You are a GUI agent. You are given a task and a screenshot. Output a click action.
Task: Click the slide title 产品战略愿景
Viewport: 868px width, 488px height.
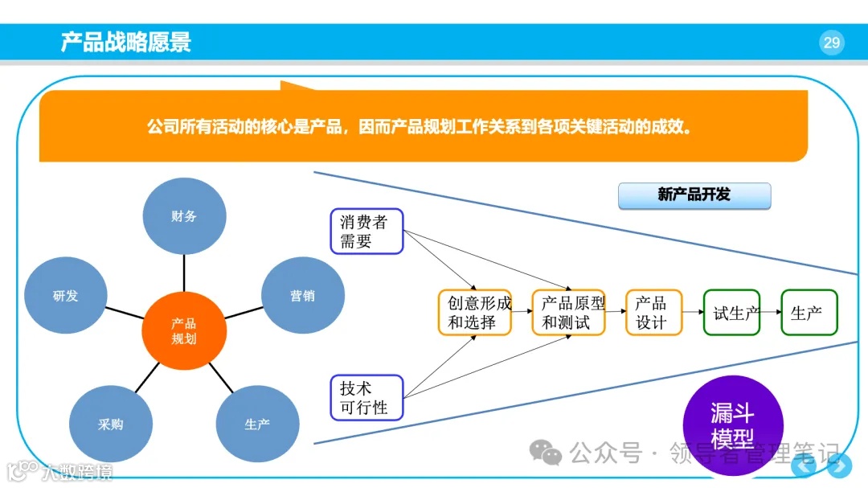pyautogui.click(x=126, y=42)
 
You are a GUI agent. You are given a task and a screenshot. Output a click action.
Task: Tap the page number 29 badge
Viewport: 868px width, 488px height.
pyautogui.click(x=831, y=42)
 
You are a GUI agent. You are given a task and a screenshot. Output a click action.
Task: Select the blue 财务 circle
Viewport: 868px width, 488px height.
pyautogui.click(x=184, y=216)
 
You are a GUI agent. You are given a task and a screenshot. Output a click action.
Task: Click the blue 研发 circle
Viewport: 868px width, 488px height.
pyautogui.click(x=66, y=296)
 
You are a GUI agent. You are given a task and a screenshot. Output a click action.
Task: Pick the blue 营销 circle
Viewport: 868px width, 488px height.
pyautogui.click(x=303, y=296)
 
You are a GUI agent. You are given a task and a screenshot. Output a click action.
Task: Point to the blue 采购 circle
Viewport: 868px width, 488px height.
pyautogui.click(x=110, y=424)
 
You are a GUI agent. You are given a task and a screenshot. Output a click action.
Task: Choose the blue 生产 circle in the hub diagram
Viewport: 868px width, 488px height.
pyautogui.click(x=257, y=424)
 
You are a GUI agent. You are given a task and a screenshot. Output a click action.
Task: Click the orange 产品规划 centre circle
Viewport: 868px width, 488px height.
pyautogui.click(x=183, y=330)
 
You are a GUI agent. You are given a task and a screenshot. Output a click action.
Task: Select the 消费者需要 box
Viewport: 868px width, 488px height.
pyautogui.click(x=366, y=232)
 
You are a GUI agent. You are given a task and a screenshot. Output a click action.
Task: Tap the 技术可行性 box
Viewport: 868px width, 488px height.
pyautogui.click(x=366, y=397)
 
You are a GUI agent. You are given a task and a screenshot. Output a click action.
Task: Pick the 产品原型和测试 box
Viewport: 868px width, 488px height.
pyautogui.click(x=568, y=313)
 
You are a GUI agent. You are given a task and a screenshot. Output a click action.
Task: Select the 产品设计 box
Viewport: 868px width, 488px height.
pyautogui.click(x=653, y=313)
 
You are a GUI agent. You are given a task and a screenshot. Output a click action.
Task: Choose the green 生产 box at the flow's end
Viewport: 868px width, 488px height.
pyautogui.click(x=809, y=313)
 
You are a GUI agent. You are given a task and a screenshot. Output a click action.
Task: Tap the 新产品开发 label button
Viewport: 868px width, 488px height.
pyautogui.click(x=694, y=195)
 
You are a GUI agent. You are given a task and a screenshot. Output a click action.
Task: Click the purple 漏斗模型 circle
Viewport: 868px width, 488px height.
pyautogui.click(x=732, y=425)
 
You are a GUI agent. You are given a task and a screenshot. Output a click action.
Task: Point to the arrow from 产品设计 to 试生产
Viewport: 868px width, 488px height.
pyautogui.click(x=692, y=312)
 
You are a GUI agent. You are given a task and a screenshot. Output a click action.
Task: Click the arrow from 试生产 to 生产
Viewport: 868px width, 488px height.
pyautogui.click(x=770, y=312)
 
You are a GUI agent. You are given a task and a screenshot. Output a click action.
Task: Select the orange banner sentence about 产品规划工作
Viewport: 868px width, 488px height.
pyautogui.click(x=420, y=127)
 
